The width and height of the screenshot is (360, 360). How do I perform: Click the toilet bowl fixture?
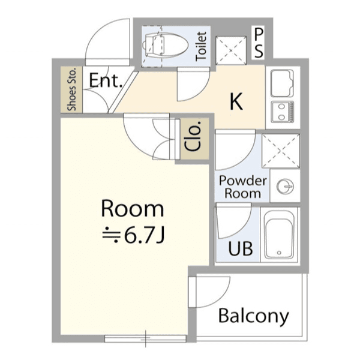165,45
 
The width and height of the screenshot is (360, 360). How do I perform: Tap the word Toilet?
201,46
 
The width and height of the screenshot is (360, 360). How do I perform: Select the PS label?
259,43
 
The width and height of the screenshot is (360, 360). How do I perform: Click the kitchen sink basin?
282,83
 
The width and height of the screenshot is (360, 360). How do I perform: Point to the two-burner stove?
283,113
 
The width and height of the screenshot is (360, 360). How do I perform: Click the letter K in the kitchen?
236,101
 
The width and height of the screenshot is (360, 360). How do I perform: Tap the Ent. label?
106,80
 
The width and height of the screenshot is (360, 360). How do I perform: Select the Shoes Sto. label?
71,89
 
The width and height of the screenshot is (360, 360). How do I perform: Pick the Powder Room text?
242,187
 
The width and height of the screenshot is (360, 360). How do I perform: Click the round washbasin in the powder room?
285,186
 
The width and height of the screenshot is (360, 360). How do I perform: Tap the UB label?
241,248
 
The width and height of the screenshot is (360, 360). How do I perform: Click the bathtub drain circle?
279,253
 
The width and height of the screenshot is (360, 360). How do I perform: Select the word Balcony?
253,317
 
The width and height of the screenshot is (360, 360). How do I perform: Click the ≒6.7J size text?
133,235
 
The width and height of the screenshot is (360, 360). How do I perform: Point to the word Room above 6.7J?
133,208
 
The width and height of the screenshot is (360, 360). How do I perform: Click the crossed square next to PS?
231,50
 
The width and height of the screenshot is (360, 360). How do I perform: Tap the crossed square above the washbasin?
281,151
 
